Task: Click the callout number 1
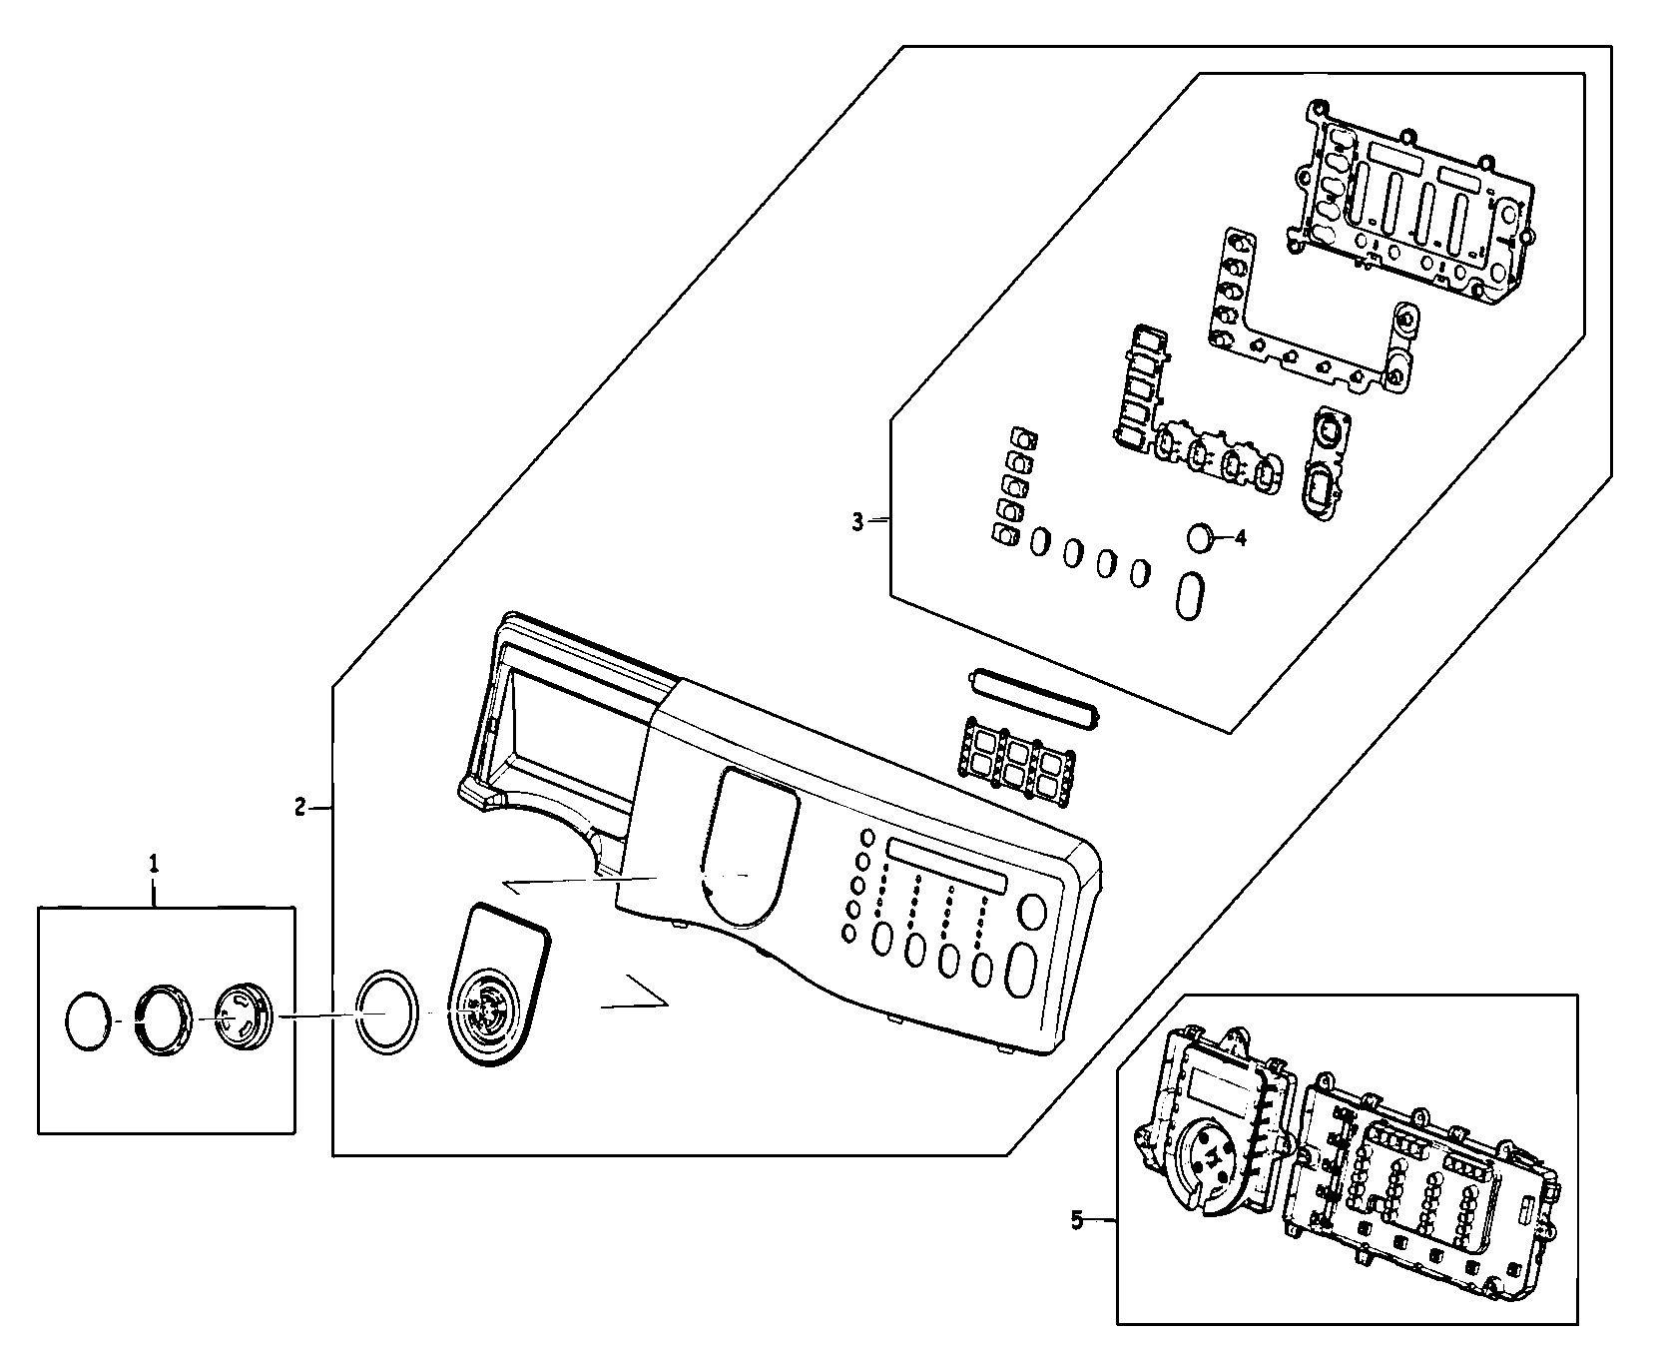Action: pyautogui.click(x=154, y=862)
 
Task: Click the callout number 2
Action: pyautogui.click(x=299, y=807)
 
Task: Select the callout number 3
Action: pyautogui.click(x=857, y=521)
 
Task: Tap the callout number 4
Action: pyautogui.click(x=1240, y=538)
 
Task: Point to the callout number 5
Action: pyautogui.click(x=1076, y=1220)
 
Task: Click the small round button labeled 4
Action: pyautogui.click(x=1201, y=538)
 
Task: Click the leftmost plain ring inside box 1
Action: pyautogui.click(x=86, y=1021)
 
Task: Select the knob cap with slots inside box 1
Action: pyautogui.click(x=240, y=1016)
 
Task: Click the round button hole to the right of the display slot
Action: pyautogui.click(x=1032, y=912)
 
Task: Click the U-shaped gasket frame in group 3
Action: pyautogui.click(x=1308, y=316)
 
